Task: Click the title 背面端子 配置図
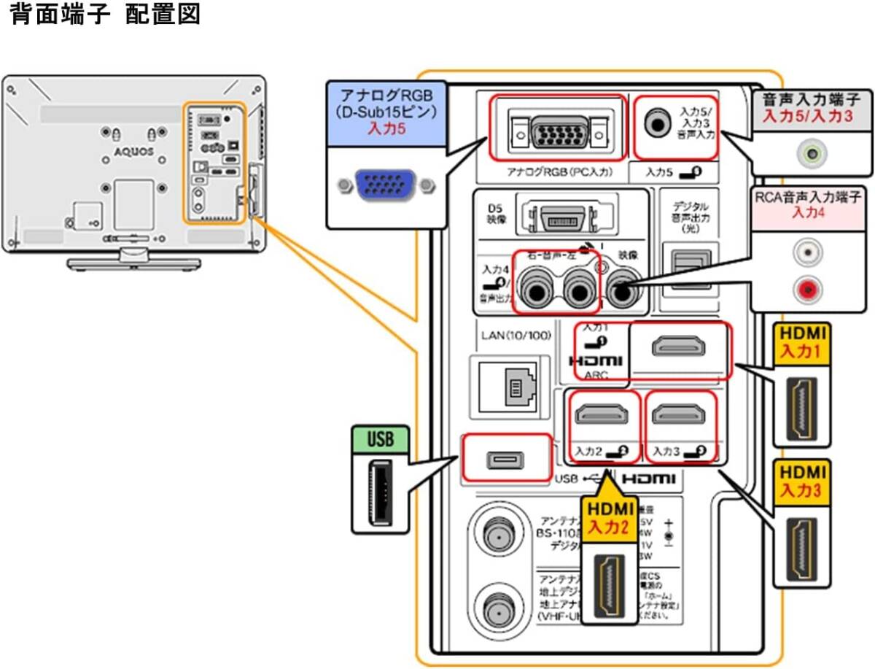coord(105,16)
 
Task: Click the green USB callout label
coord(380,440)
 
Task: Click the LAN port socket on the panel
coord(513,387)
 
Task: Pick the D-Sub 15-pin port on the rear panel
coord(558,128)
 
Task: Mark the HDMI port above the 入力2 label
coord(602,415)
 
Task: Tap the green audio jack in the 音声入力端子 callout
coord(810,153)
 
